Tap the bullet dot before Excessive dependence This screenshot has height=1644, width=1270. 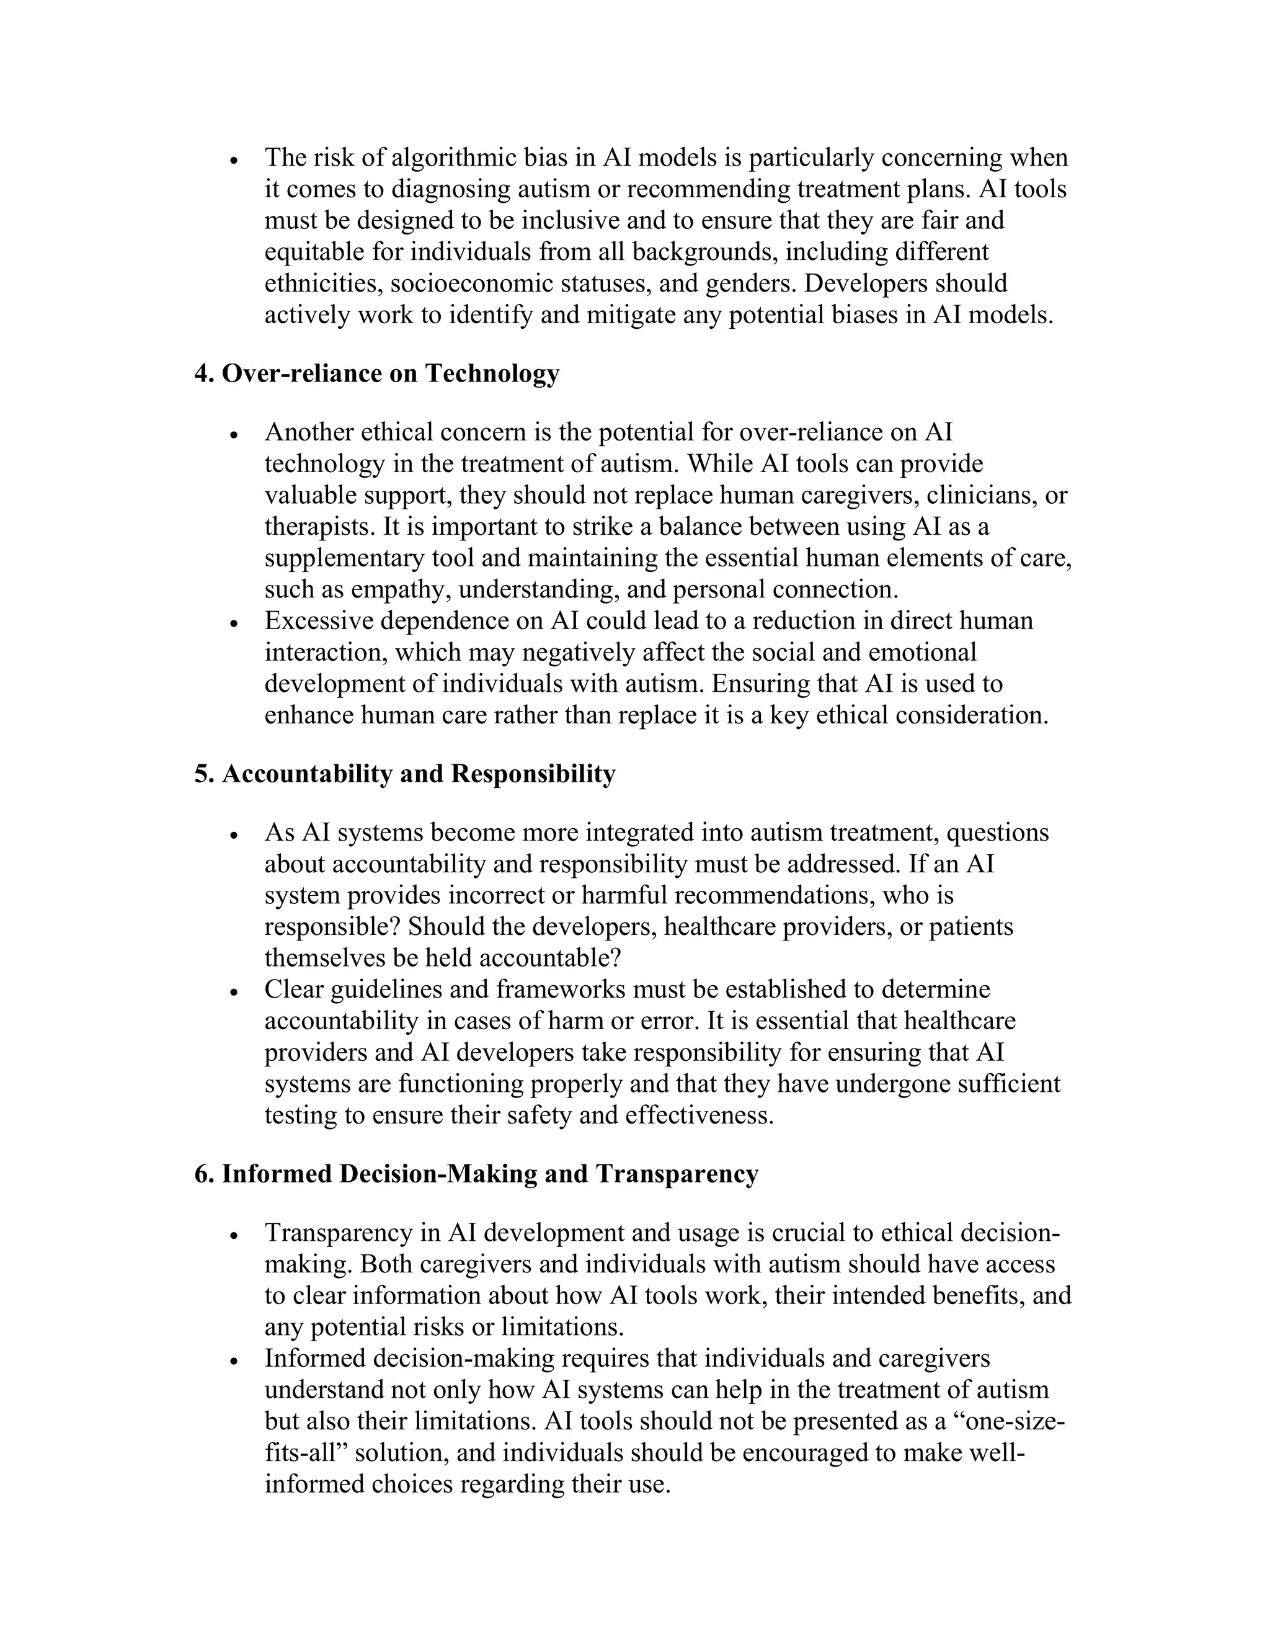235,624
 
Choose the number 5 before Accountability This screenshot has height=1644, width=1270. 201,774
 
